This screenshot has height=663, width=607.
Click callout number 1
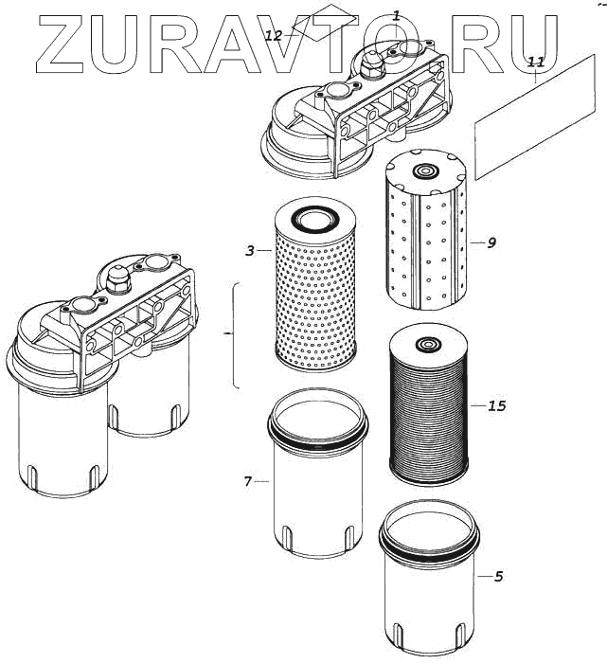[396, 15]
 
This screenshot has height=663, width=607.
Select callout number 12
[274, 36]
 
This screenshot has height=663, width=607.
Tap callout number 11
[535, 62]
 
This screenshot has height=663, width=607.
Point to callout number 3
[249, 251]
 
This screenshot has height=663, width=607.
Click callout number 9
[491, 242]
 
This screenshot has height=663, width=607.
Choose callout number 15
[496, 406]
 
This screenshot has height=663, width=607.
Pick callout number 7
[247, 481]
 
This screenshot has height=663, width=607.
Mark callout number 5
[498, 575]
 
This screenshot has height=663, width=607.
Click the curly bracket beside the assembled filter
[234, 334]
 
